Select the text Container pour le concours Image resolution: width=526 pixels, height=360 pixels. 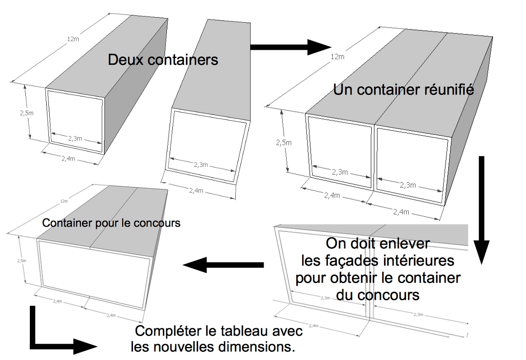click(x=111, y=223)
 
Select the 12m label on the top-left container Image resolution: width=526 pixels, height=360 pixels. click(x=72, y=39)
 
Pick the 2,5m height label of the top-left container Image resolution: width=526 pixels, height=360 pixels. click(x=28, y=113)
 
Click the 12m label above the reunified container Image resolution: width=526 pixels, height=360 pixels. click(x=337, y=57)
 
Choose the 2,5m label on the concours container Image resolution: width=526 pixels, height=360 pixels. click(x=21, y=261)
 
